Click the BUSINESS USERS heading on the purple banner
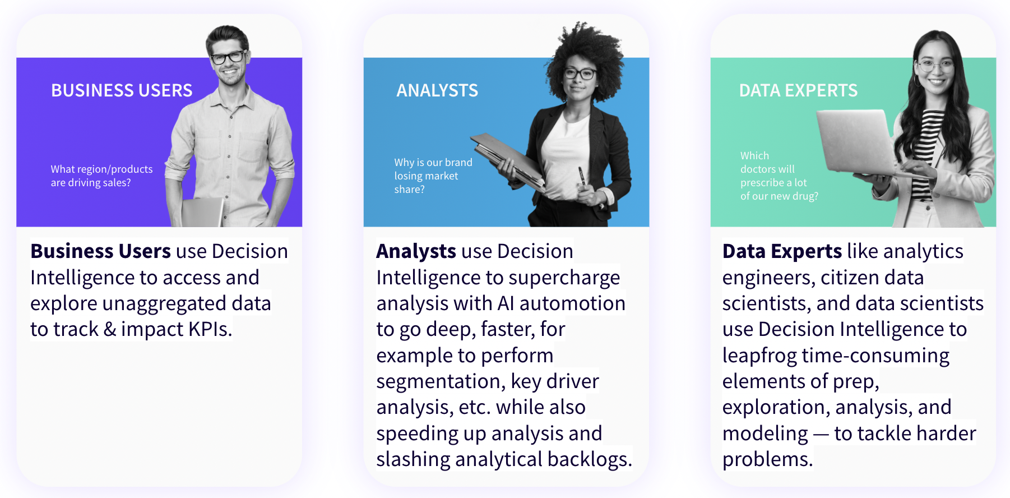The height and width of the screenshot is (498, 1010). click(x=122, y=90)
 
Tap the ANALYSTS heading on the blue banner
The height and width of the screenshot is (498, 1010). click(x=437, y=90)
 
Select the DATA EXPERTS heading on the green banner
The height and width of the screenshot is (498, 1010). click(x=798, y=90)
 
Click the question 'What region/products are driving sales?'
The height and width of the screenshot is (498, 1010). click(x=101, y=176)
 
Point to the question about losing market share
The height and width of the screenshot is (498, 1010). click(x=433, y=176)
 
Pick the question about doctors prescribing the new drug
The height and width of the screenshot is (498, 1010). click(x=779, y=176)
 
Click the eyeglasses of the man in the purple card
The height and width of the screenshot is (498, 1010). click(x=228, y=57)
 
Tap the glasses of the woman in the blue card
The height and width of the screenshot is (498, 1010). click(x=579, y=73)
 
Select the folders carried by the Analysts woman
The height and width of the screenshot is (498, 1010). click(x=507, y=160)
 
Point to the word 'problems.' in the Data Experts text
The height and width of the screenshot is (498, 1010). click(x=767, y=459)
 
